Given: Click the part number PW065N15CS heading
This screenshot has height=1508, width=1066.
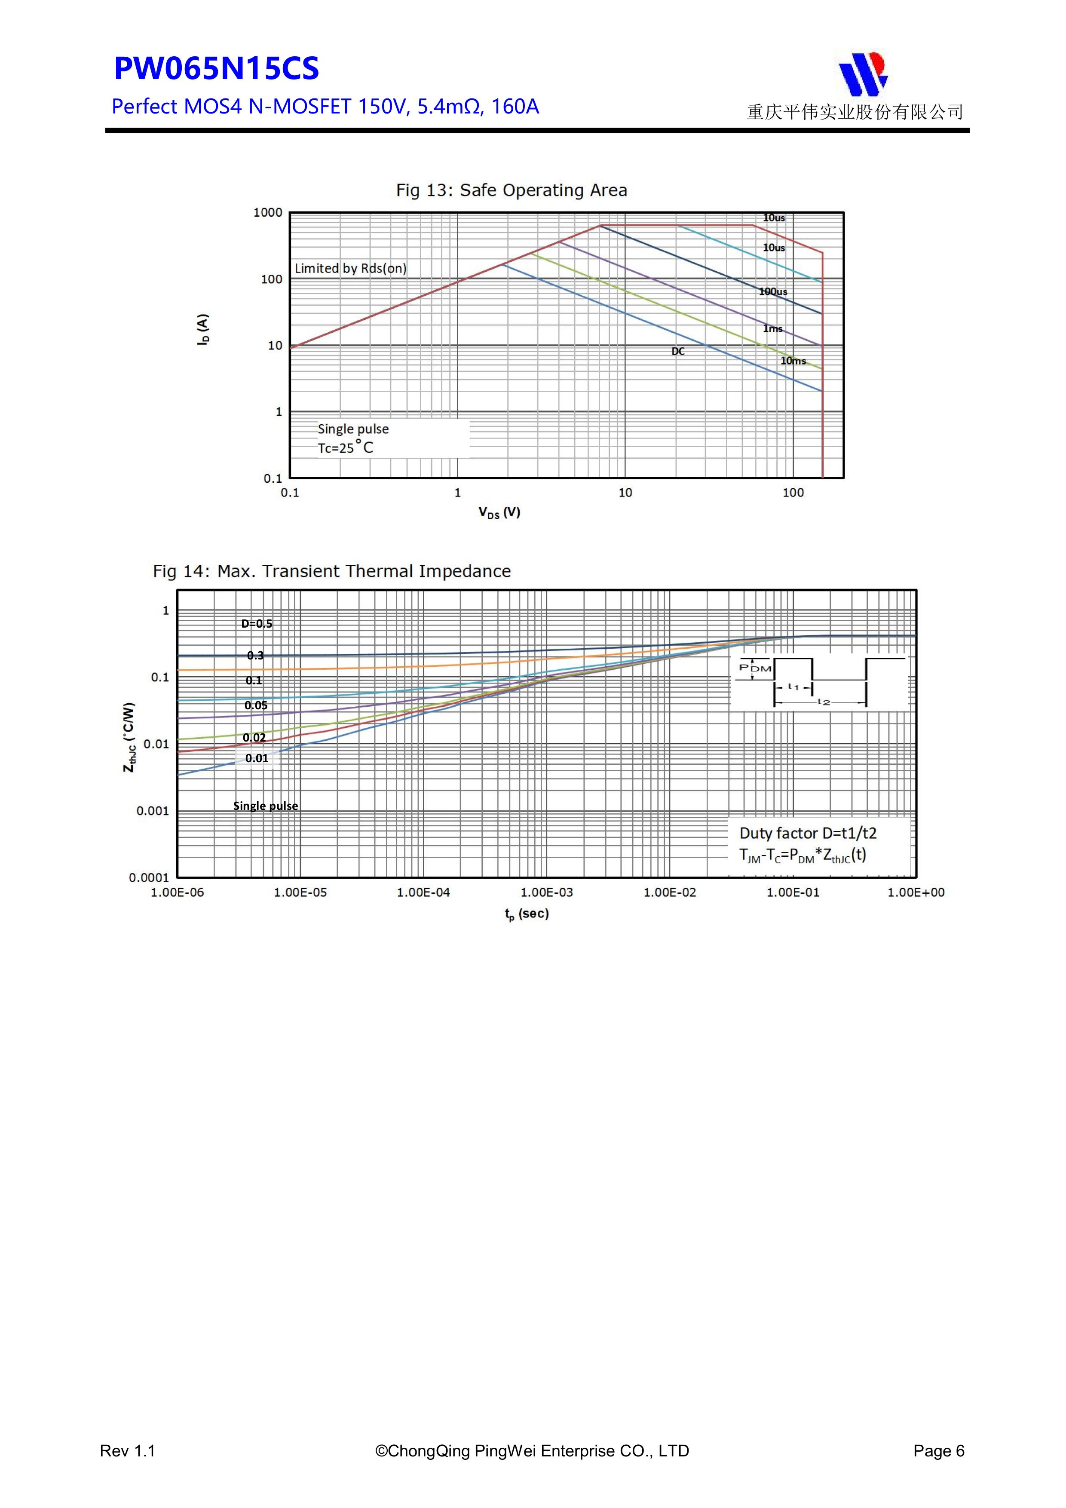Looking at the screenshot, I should point(216,69).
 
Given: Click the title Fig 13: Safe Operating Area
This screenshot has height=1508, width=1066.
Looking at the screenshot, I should point(511,190).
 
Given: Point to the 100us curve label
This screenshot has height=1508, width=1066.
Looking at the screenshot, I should point(773,291).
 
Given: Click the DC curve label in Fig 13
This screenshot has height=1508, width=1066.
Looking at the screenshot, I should point(678,351).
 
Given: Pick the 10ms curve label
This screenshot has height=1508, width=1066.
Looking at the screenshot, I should point(793,361).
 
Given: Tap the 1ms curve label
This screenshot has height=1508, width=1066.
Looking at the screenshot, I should point(772,328).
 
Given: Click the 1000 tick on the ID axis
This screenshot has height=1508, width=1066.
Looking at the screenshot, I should point(268,212).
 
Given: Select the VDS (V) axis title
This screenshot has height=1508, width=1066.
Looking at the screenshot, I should point(499,512).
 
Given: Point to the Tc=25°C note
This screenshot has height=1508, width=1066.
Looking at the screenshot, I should point(346,448).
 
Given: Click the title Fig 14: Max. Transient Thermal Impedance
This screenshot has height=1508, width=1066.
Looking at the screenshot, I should point(332,571).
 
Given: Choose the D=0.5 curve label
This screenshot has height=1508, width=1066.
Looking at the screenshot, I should point(256,624).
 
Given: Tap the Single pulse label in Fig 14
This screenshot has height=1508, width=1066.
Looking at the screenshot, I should point(265,806).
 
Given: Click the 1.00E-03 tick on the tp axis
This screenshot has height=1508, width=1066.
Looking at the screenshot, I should point(546,892).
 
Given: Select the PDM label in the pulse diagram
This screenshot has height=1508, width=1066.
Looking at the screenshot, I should point(755,668).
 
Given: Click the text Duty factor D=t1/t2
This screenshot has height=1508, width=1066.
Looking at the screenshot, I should point(808,834).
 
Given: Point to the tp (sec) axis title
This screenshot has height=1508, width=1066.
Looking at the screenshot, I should point(527,913).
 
